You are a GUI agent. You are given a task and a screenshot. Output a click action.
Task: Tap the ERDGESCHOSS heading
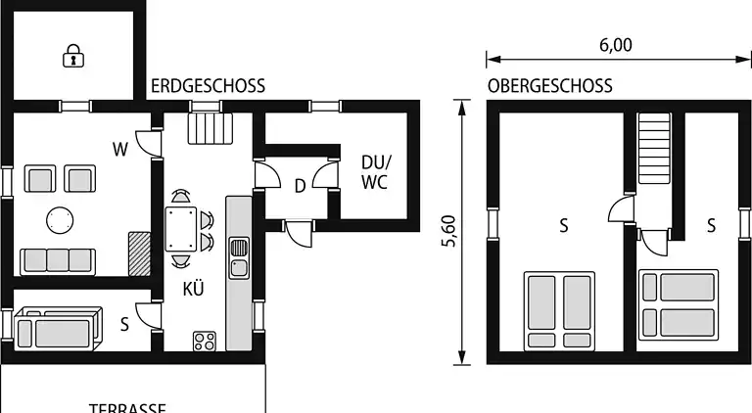208,86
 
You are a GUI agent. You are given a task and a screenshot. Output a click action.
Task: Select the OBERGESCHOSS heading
549,86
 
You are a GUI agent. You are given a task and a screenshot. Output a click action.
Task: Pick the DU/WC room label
375,172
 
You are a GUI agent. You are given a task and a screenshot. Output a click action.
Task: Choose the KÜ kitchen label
192,289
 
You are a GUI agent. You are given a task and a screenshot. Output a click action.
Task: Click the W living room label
120,150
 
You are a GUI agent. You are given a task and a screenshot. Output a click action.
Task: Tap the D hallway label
300,186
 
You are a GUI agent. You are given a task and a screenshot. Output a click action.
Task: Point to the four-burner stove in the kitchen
206,341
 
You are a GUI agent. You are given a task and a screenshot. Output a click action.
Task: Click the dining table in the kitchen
181,229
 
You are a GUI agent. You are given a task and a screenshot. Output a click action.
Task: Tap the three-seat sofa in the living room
58,260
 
